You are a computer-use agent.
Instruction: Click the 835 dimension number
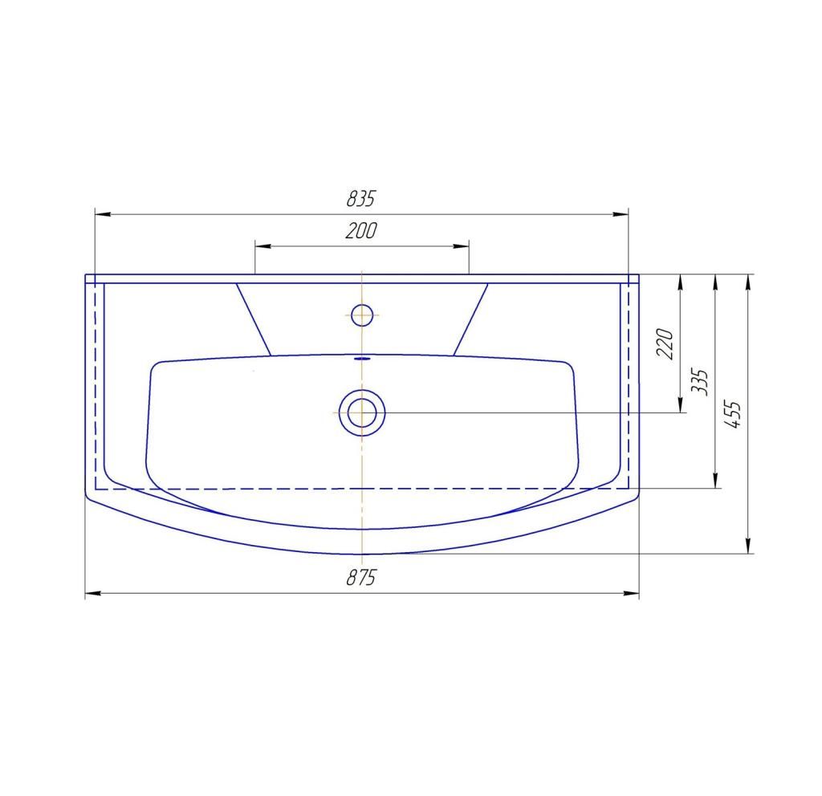coord(361,199)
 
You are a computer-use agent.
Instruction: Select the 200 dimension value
coord(361,230)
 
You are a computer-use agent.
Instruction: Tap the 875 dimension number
coord(361,578)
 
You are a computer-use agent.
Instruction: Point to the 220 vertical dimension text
coord(665,343)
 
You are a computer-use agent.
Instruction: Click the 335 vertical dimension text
coord(699,381)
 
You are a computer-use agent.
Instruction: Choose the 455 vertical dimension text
coord(732,415)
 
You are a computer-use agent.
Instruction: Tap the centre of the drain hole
coord(362,412)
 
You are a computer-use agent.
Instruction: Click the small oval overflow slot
coord(362,359)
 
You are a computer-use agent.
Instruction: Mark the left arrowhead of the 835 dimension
coord(102,214)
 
